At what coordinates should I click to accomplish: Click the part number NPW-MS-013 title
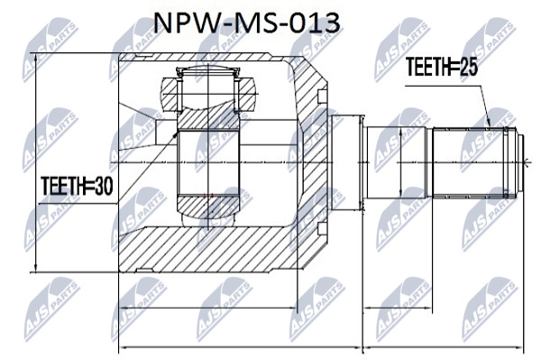[246, 23]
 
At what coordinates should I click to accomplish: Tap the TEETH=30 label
[77, 186]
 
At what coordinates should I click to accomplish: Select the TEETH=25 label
[441, 67]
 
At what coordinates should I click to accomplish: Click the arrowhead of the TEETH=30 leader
[175, 134]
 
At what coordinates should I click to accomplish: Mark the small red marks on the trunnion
[208, 196]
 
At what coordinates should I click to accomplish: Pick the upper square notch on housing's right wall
[322, 97]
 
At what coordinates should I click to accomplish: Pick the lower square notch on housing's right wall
[322, 228]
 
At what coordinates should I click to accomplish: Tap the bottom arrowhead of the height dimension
[35, 268]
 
